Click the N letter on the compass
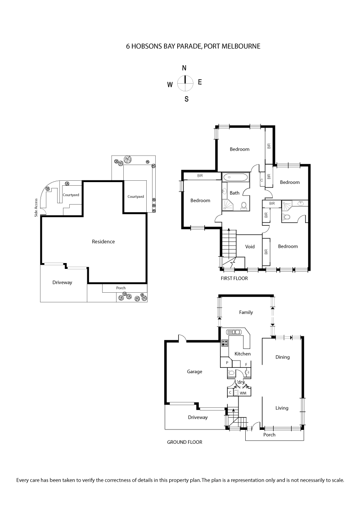184,68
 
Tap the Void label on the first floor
250,247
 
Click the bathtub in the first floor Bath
234,177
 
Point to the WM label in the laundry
243,393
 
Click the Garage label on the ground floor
194,372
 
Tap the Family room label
246,313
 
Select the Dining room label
282,357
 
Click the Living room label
282,408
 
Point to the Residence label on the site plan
103,241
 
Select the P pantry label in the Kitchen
227,362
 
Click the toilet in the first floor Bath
243,206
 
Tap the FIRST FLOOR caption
234,278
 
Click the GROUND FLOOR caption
184,442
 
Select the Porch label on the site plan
121,288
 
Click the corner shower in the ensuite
287,205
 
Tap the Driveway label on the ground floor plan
198,418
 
